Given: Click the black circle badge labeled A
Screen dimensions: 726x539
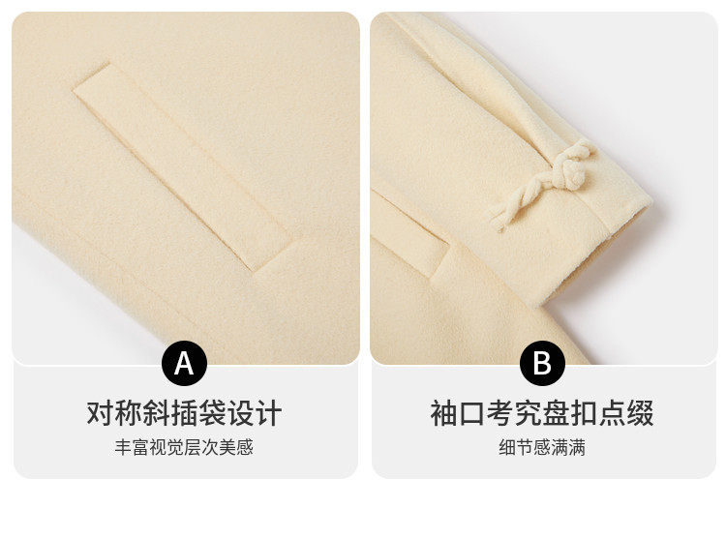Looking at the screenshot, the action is pyautogui.click(x=184, y=363).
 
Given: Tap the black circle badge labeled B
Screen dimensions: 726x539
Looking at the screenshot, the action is pyautogui.click(x=542, y=363).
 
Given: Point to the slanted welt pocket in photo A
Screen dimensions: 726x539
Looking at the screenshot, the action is pyautogui.click(x=182, y=166).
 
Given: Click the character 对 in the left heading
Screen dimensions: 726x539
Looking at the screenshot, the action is pyautogui.click(x=101, y=413).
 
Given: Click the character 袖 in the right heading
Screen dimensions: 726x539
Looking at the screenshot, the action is pyautogui.click(x=444, y=413).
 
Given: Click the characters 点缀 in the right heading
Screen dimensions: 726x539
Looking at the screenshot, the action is pyautogui.click(x=626, y=413).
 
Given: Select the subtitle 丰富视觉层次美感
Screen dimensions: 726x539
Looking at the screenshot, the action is pyautogui.click(x=184, y=447).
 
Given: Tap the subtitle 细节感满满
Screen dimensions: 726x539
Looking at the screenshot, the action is pyautogui.click(x=542, y=447).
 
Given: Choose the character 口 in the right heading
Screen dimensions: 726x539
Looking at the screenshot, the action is pyautogui.click(x=472, y=413).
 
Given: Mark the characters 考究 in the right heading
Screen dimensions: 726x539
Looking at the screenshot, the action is pyautogui.click(x=514, y=413).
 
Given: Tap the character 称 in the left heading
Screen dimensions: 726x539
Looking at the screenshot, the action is pyautogui.click(x=129, y=413).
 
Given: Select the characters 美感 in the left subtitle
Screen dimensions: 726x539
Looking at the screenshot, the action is pyautogui.click(x=236, y=447).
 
